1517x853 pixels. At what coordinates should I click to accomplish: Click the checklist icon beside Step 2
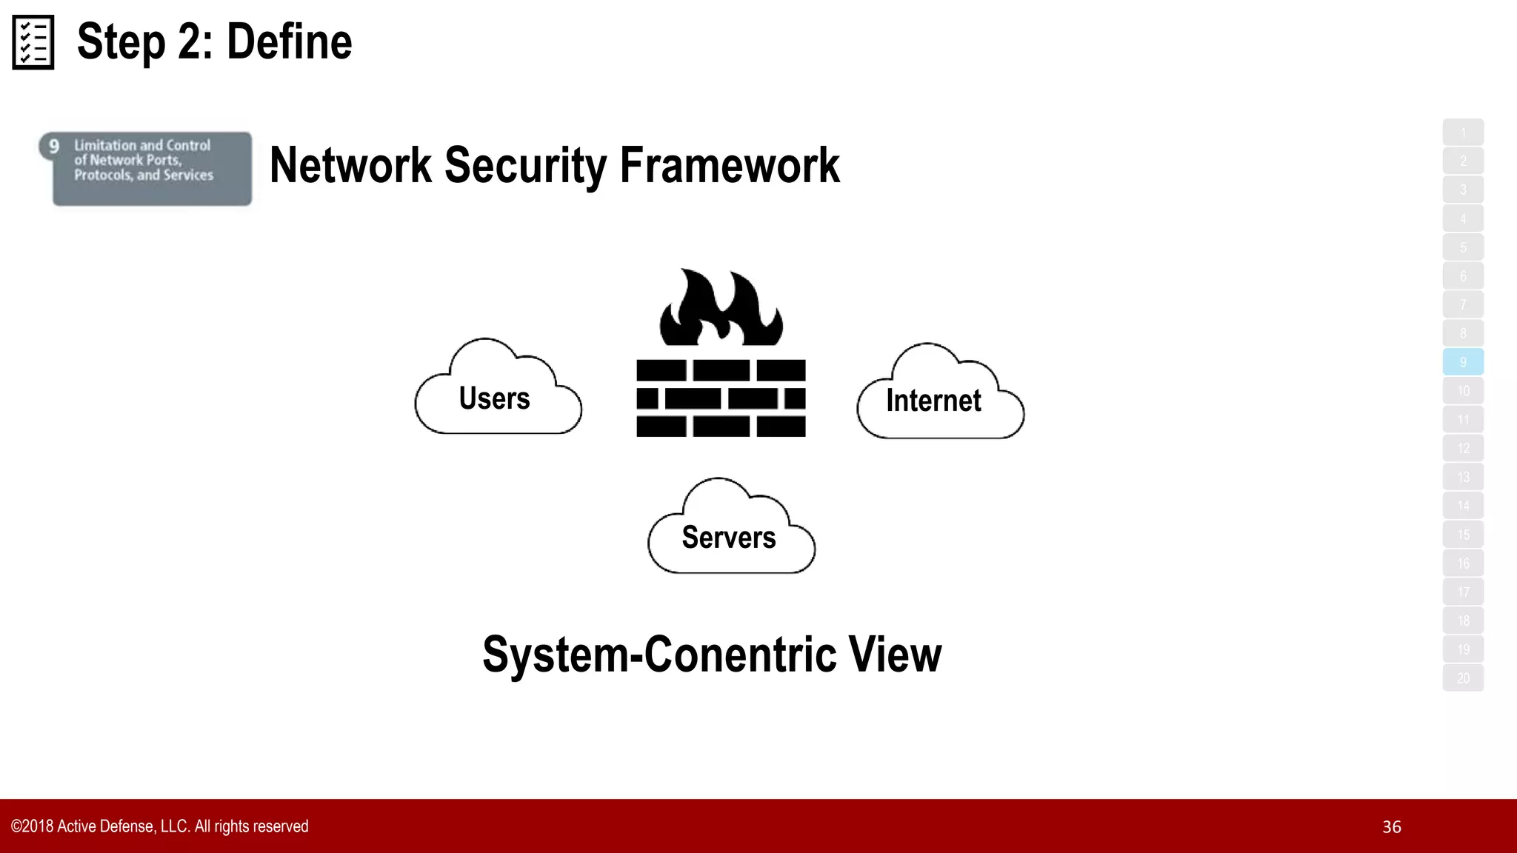tap(33, 42)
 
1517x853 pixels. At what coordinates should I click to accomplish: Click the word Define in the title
tap(289, 42)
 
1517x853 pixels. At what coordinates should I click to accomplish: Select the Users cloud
tap(495, 398)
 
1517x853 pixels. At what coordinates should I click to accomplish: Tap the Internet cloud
tap(935, 401)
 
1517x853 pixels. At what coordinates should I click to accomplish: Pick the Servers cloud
tap(729, 537)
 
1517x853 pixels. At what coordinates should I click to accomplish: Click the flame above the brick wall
tap(721, 310)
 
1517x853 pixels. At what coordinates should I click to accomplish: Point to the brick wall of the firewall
tap(721, 398)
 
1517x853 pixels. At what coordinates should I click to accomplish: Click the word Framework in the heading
tap(730, 165)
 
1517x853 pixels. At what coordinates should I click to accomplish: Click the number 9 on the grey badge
tap(54, 147)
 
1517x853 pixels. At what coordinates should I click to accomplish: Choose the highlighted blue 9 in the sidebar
tap(1463, 362)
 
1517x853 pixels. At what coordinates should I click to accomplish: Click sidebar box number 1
tap(1463, 133)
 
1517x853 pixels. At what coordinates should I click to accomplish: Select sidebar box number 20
tap(1463, 678)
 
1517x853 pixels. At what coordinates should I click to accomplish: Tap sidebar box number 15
tap(1463, 535)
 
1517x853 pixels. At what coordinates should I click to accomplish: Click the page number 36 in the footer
tap(1391, 827)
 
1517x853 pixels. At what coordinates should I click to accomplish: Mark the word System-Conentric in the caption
tap(659, 655)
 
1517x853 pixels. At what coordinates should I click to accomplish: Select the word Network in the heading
tap(350, 165)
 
